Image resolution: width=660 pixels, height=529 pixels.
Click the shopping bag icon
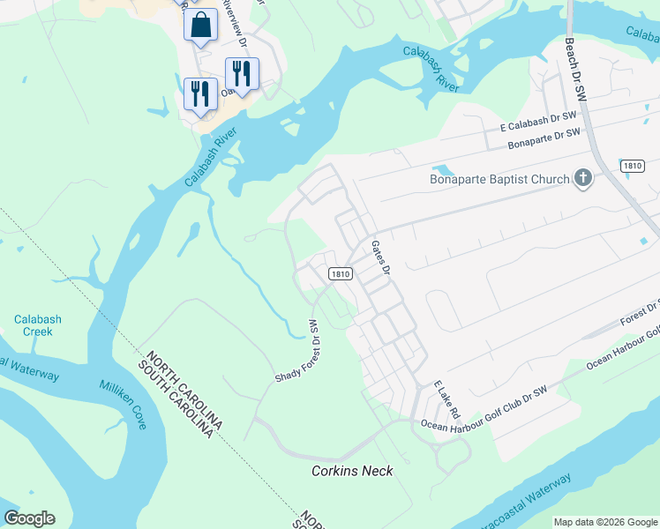pos(200,26)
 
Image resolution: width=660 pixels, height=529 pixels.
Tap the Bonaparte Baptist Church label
pos(499,180)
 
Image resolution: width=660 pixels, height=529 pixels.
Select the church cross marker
pos(581,180)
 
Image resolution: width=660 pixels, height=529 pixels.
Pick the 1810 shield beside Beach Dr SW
pos(632,166)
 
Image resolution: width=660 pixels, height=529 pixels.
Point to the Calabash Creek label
pos(33,325)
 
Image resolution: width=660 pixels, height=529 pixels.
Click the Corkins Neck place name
pos(352,471)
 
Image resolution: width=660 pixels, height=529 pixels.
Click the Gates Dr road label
pos(380,257)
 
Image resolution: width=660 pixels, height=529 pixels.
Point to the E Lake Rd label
pos(447,399)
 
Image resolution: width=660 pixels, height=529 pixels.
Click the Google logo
pos(29,518)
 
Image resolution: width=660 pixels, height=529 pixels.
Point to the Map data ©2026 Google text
pos(605,522)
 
